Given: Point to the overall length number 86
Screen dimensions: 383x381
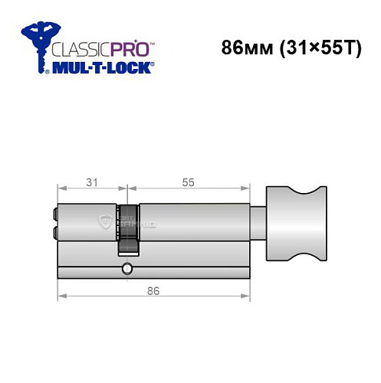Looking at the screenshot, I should (x=153, y=290).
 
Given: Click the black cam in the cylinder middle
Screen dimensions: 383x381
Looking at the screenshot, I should (x=128, y=228).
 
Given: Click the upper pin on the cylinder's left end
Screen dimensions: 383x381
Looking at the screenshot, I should (x=54, y=214).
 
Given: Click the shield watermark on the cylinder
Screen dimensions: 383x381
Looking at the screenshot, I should (x=105, y=221).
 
